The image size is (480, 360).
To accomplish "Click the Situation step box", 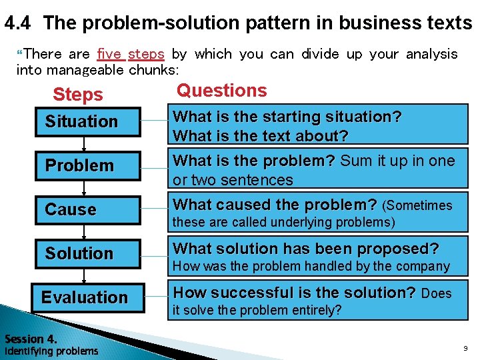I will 87,122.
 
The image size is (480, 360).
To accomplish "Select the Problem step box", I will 87,166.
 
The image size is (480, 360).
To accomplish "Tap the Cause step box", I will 87,210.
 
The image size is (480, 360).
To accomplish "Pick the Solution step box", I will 87,254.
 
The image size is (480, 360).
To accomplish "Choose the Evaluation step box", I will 87,298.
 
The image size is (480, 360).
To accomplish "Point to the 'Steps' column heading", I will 78,95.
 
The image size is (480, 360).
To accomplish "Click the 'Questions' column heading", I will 221,91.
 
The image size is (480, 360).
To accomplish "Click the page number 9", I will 465,348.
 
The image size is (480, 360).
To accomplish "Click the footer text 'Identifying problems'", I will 51,351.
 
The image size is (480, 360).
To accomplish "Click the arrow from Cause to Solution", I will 84,232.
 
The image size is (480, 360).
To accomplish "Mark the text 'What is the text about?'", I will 261,136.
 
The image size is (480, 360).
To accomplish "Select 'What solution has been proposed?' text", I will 306,249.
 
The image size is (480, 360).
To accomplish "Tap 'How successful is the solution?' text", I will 295,293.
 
